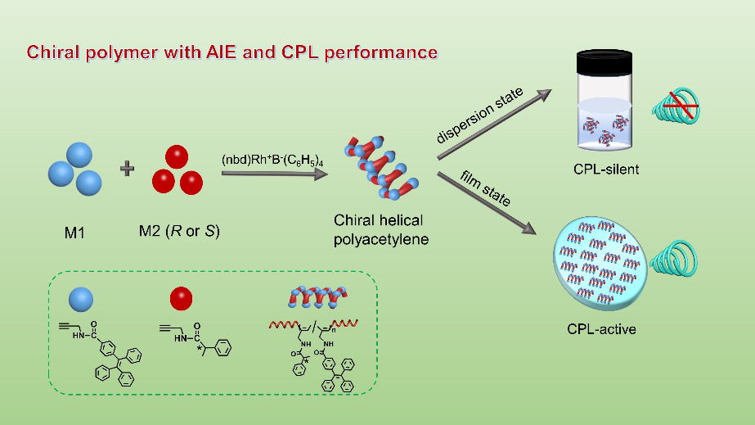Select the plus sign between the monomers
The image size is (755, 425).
pyautogui.click(x=127, y=169)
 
